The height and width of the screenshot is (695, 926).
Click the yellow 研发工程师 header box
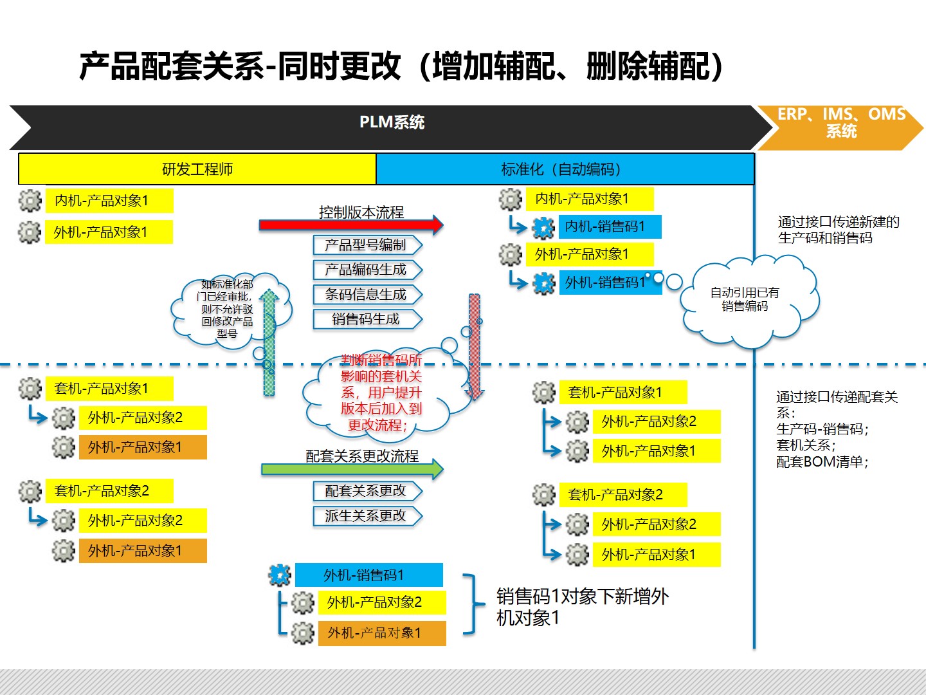(197, 169)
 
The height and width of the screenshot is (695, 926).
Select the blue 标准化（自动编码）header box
(565, 169)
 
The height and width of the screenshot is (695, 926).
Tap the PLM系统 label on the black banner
(392, 122)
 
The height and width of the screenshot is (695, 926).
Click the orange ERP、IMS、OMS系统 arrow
(840, 127)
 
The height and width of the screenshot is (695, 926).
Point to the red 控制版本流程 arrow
(351, 225)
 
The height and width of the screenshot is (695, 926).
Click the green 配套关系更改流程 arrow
(352, 469)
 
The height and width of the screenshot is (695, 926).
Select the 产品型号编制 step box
(367, 245)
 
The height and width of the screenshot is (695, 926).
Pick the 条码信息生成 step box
(367, 295)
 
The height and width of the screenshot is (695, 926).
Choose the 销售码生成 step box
(367, 319)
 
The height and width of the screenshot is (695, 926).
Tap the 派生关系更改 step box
(367, 515)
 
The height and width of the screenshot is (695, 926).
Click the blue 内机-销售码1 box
(610, 227)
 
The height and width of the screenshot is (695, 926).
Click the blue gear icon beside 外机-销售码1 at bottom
(279, 575)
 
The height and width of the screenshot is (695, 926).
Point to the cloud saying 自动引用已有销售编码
(749, 301)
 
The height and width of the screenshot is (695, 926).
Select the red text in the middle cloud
(381, 393)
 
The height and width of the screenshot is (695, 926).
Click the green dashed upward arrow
(269, 342)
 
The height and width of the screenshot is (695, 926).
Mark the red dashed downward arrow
(475, 347)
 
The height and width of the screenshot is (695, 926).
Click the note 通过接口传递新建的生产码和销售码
(839, 230)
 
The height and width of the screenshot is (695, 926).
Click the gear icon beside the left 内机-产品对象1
(30, 200)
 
